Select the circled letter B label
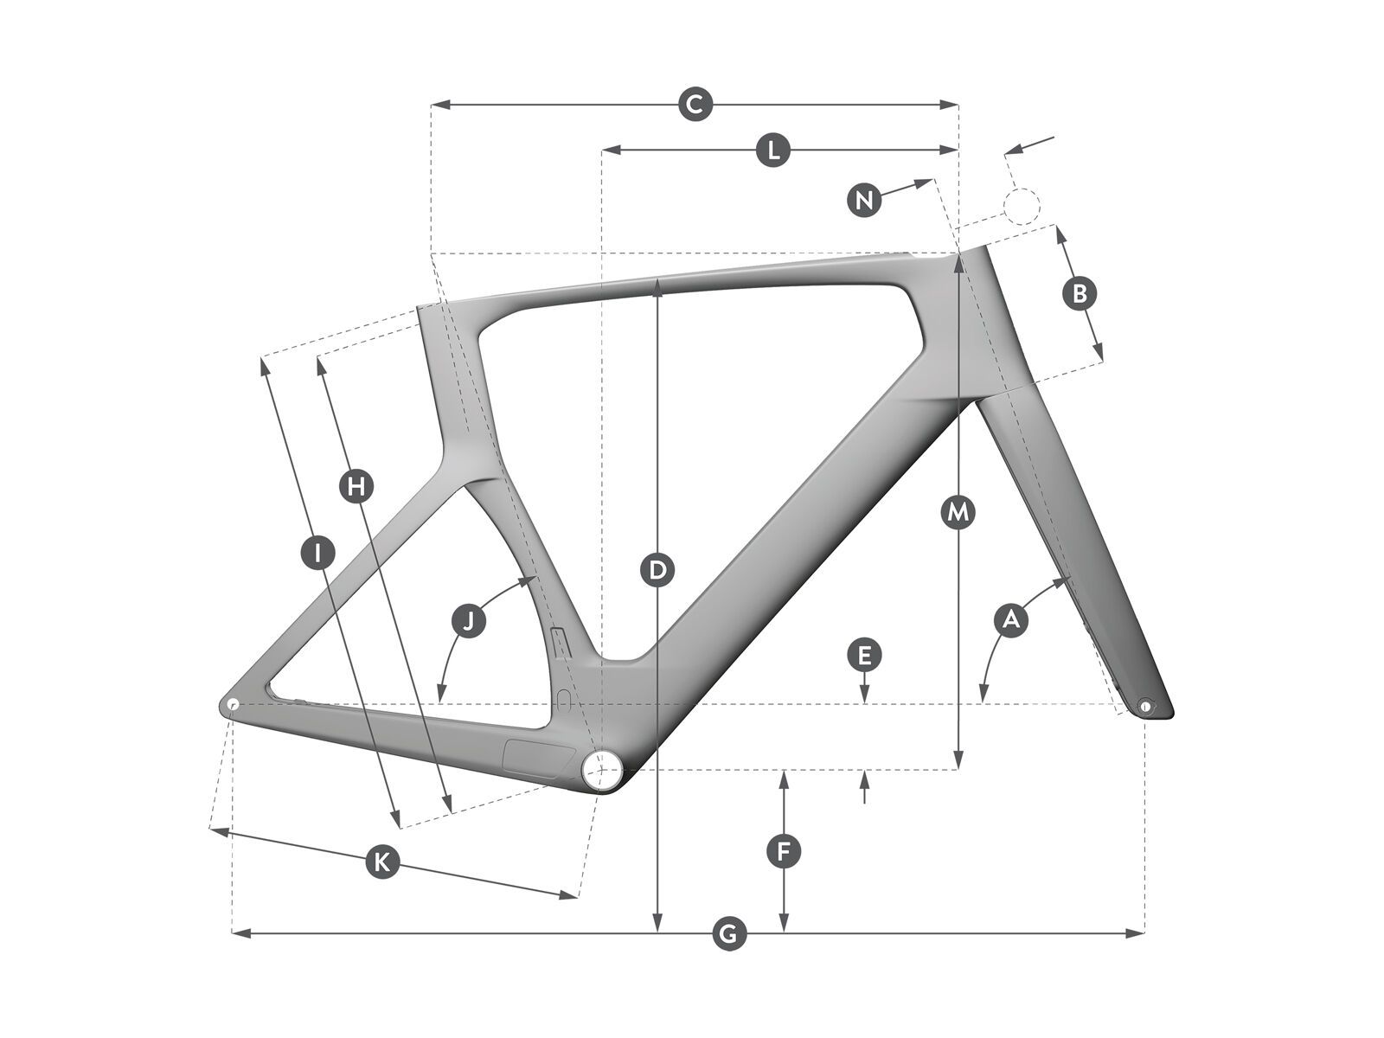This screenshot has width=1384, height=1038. coord(1079,293)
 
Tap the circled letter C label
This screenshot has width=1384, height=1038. coord(694,105)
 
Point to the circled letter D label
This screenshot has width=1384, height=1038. coord(658,570)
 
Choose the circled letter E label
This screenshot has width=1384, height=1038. coord(864,655)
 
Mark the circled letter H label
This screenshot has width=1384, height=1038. coord(355,486)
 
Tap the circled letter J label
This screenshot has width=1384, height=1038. coord(469,620)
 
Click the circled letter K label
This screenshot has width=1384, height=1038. coord(381,861)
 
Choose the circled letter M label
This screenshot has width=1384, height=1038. coord(958,513)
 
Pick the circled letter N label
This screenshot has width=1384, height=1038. coord(863,201)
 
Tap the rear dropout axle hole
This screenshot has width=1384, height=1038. coord(232,704)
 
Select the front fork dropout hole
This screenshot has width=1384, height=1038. coord(1146,706)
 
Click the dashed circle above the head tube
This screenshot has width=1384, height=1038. coord(1021,207)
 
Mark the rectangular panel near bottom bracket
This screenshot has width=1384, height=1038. coord(539,758)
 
